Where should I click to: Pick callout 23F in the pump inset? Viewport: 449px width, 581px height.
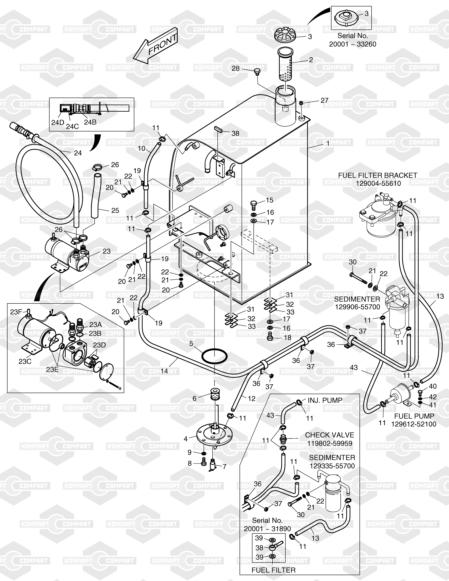click(x=16, y=312)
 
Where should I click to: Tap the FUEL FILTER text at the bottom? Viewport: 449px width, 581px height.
click(x=273, y=570)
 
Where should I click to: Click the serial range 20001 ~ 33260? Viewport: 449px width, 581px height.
click(x=353, y=44)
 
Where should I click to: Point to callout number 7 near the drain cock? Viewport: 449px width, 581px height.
click(x=224, y=467)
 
